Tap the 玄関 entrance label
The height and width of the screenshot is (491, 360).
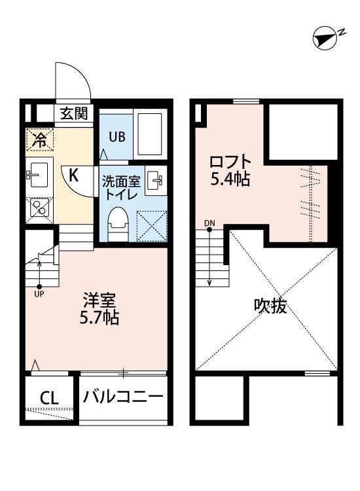click(74, 113)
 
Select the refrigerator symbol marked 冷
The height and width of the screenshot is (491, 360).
click(40, 139)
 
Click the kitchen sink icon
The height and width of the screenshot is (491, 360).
click(39, 174)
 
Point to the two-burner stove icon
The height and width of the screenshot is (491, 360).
click(39, 208)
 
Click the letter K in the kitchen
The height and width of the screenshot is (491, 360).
click(74, 174)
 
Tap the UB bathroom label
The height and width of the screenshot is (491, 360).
click(117, 137)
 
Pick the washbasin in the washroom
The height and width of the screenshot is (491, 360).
click(154, 180)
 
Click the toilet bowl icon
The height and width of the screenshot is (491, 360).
click(118, 222)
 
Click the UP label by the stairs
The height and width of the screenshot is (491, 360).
click(39, 294)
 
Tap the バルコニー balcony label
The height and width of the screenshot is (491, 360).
click(122, 397)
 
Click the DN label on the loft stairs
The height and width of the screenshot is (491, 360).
click(209, 223)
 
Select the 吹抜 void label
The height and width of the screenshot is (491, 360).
click(270, 306)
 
